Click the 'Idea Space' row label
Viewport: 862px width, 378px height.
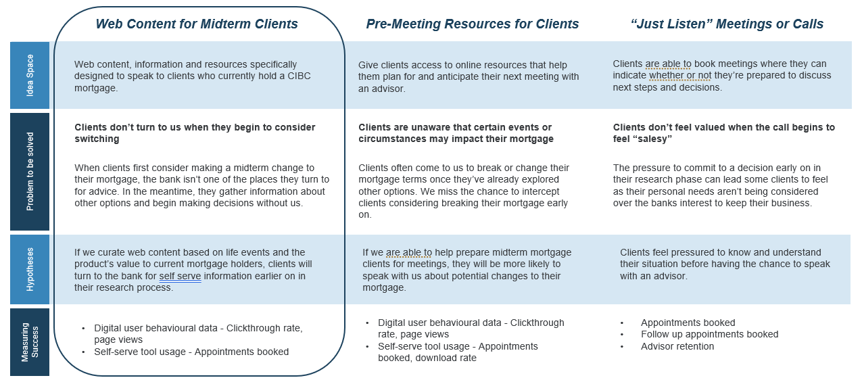[30, 76]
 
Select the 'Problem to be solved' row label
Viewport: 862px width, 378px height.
[30, 172]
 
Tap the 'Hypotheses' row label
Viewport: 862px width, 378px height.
[30, 269]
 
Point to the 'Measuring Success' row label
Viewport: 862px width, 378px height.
[30, 342]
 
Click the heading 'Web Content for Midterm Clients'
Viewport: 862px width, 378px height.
[197, 24]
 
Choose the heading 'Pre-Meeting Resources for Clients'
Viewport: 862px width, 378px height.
[472, 24]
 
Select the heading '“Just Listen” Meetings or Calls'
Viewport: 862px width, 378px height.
[726, 24]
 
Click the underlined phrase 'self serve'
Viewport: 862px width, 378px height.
[180, 276]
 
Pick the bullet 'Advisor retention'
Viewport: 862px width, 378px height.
[677, 346]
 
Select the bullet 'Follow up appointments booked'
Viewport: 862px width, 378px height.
[709, 334]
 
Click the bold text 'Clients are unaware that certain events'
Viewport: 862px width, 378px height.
[454, 127]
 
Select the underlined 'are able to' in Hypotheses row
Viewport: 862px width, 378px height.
[409, 253]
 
